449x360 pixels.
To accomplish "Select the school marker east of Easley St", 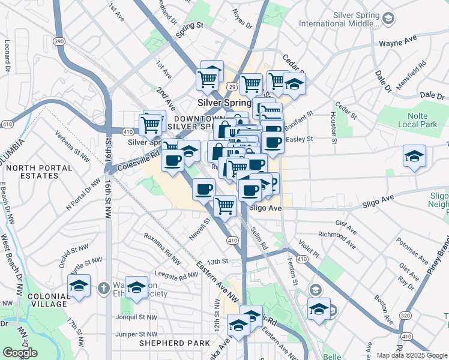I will tap(414, 156).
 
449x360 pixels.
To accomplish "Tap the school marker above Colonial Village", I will tap(79, 286).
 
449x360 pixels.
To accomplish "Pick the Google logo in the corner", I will tap(20, 353).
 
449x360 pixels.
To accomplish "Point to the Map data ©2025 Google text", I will tap(408, 355).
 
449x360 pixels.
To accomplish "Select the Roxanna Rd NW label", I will tap(161, 249).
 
